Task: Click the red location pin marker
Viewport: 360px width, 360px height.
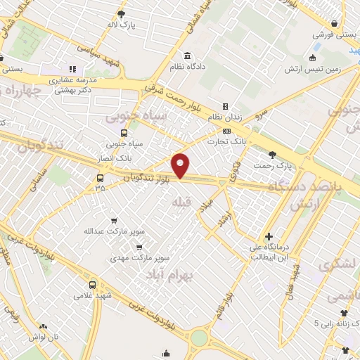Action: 181,165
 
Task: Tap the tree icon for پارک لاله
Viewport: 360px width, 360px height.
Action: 122,14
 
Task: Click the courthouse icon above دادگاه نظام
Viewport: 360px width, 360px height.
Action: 186,56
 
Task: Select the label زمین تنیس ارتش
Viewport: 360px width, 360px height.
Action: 311,69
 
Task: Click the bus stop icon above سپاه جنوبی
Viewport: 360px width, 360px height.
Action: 124,132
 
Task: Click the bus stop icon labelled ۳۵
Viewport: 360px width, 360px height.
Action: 100,177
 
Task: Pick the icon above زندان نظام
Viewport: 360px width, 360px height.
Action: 225,107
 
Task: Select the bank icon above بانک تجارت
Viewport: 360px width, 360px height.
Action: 226,131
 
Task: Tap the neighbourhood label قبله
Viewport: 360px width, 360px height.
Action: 181,202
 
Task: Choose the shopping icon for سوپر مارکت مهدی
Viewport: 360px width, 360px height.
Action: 139,247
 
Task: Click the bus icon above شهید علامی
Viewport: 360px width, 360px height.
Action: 94,285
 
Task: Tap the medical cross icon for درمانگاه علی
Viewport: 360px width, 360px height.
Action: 269,236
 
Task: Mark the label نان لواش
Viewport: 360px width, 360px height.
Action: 44,338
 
